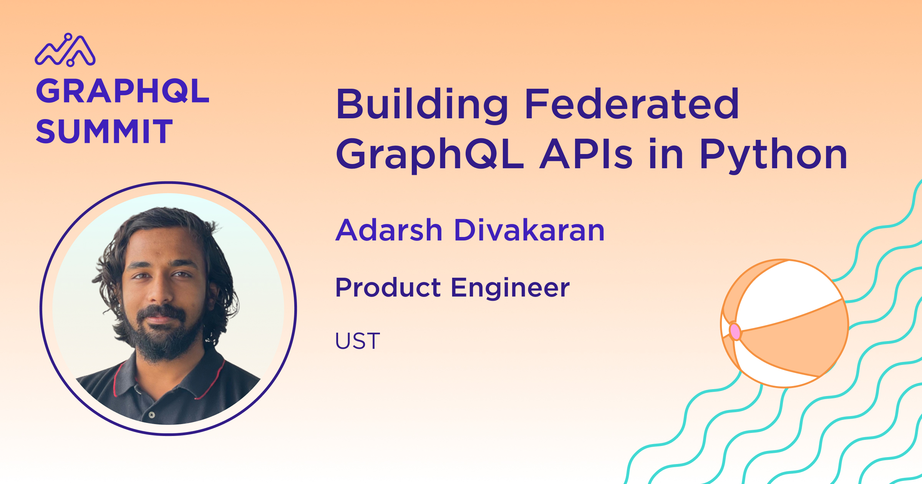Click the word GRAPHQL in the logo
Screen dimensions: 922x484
click(123, 91)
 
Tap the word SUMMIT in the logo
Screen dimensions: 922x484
click(104, 131)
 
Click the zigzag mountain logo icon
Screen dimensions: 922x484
click(65, 50)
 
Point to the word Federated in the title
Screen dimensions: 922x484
click(632, 103)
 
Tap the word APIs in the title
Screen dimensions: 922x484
click(586, 154)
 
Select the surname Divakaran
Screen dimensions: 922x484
click(530, 230)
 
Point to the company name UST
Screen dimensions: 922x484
click(358, 341)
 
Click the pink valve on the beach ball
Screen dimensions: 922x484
click(735, 332)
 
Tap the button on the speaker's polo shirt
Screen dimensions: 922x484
click(152, 415)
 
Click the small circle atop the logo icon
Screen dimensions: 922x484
click(68, 37)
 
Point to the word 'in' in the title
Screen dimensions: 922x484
click(666, 154)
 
